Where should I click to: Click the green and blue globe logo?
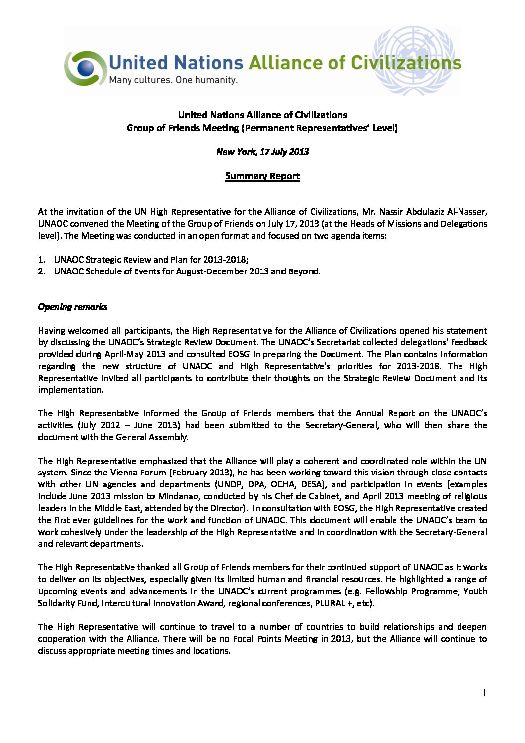tap(85, 68)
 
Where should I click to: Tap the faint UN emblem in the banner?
tap(413, 61)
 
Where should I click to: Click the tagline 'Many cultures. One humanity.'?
tap(173, 80)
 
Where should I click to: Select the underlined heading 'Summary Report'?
tap(262, 176)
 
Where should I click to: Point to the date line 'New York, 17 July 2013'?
tap(262, 152)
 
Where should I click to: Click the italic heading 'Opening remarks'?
tap(72, 307)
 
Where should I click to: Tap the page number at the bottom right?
tap(484, 693)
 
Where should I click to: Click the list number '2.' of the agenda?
tap(42, 271)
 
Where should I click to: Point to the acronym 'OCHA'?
tap(282, 484)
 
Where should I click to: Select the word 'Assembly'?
tap(170, 437)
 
